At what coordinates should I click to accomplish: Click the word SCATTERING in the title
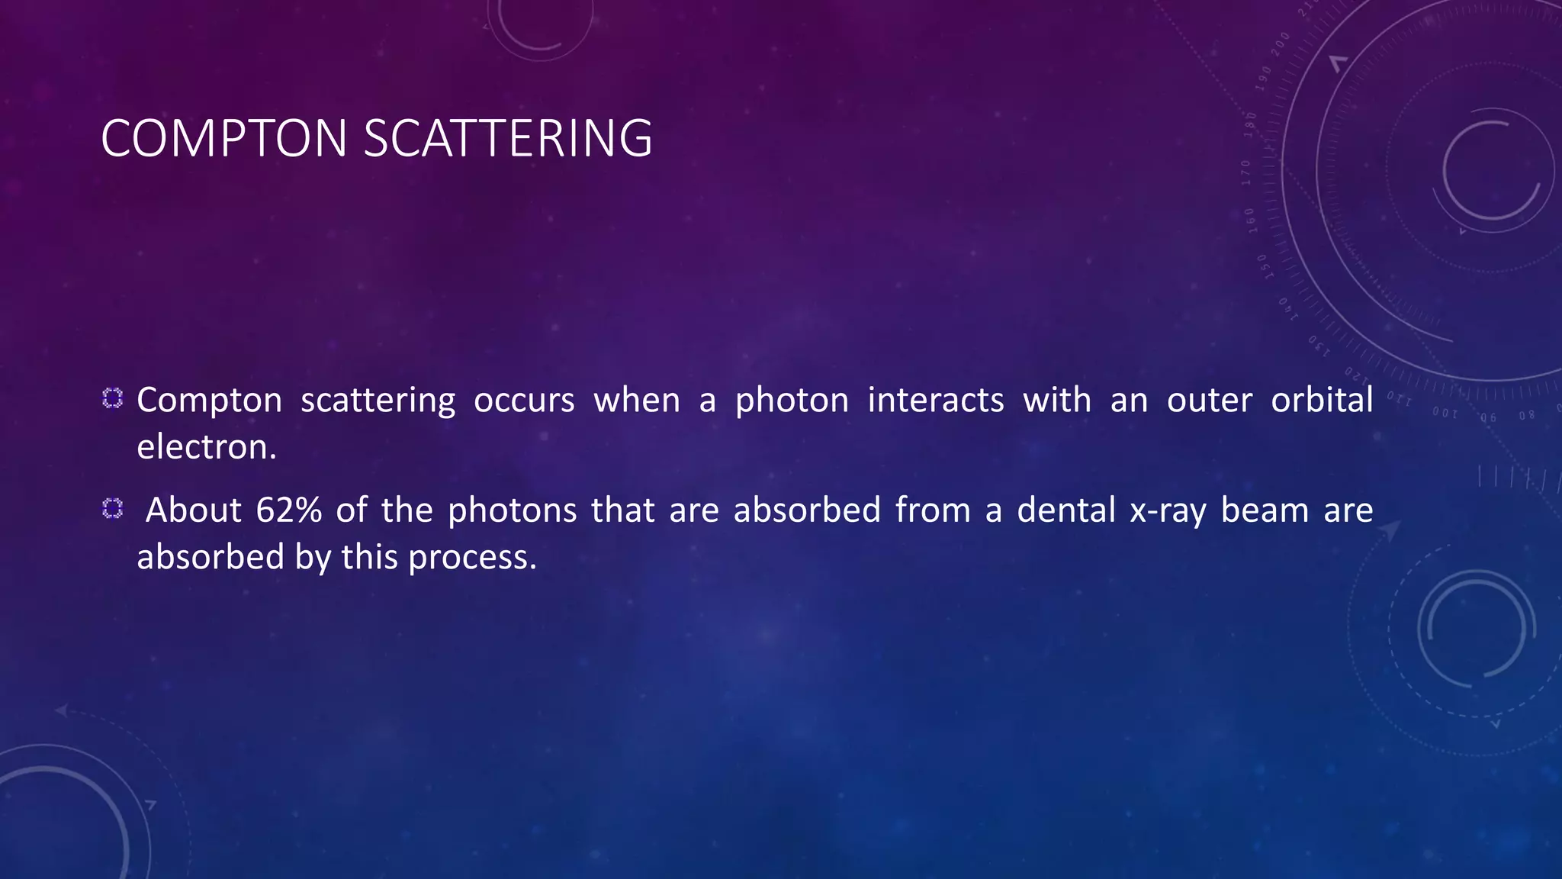pyautogui.click(x=508, y=139)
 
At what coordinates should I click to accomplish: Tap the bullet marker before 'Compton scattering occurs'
pyautogui.click(x=113, y=398)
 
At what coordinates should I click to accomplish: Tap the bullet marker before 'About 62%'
pyautogui.click(x=113, y=509)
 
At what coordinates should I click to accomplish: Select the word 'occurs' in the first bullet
pyautogui.click(x=524, y=401)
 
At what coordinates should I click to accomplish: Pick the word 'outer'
pyautogui.click(x=1210, y=401)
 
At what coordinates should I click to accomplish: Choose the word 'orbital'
pyautogui.click(x=1322, y=399)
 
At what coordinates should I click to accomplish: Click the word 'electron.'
pyautogui.click(x=206, y=447)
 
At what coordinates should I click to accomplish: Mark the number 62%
pyautogui.click(x=288, y=510)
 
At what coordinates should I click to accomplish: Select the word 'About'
pyautogui.click(x=194, y=510)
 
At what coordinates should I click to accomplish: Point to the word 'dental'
pyautogui.click(x=1066, y=510)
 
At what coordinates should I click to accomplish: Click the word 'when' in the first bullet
pyautogui.click(x=637, y=400)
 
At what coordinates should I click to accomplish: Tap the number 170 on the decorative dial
pyautogui.click(x=1245, y=172)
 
